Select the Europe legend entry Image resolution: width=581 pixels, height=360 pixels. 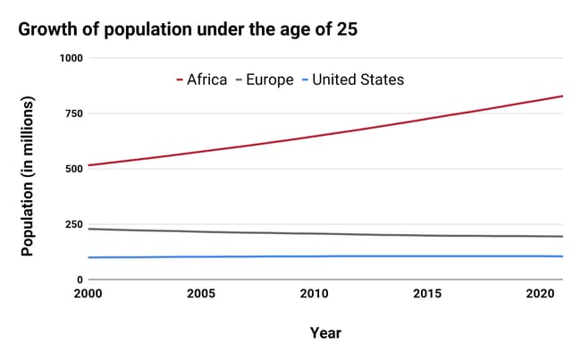coord(264,80)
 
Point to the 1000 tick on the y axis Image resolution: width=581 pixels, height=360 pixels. coord(71,58)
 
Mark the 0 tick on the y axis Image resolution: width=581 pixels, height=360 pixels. coord(79,280)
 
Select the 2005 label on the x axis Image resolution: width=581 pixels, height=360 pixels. coord(201,294)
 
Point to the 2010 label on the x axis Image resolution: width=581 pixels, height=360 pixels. coord(313,294)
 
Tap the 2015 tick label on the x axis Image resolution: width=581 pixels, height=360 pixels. coord(425,294)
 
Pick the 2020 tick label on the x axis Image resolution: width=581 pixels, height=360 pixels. coord(536,294)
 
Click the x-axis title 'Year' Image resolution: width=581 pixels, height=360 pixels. coord(325,333)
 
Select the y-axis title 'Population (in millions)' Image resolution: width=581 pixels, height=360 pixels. coord(28,178)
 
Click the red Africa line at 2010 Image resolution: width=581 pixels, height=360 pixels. coord(313,137)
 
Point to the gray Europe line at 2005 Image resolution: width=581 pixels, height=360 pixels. coord(201,231)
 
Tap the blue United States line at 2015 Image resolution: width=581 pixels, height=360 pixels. coord(425,256)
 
